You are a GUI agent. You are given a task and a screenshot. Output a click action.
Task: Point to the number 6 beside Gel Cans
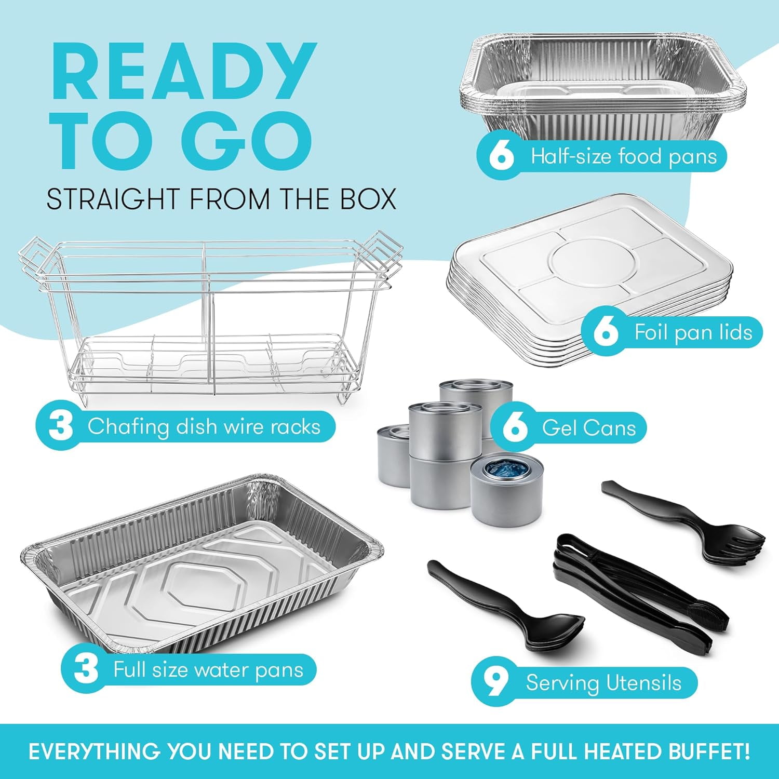(515, 428)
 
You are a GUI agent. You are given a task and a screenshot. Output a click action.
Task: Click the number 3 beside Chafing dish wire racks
(61, 427)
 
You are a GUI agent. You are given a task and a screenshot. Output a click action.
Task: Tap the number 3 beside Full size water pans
(86, 669)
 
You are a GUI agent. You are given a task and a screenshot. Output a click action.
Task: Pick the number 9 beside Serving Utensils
(496, 682)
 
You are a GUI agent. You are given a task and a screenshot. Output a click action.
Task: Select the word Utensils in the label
(643, 682)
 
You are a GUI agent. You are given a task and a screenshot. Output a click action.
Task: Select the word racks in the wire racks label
(294, 427)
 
